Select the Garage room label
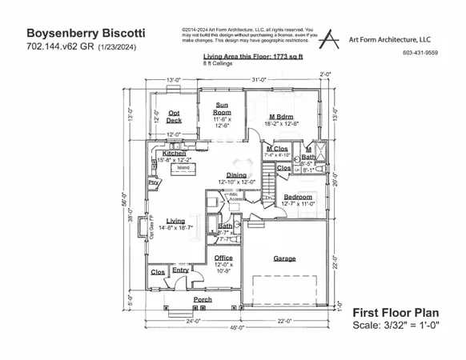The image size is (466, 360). click(285, 259)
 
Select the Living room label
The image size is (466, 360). click(175, 221)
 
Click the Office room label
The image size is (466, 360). click(223, 258)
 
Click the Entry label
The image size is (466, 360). click(180, 270)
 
